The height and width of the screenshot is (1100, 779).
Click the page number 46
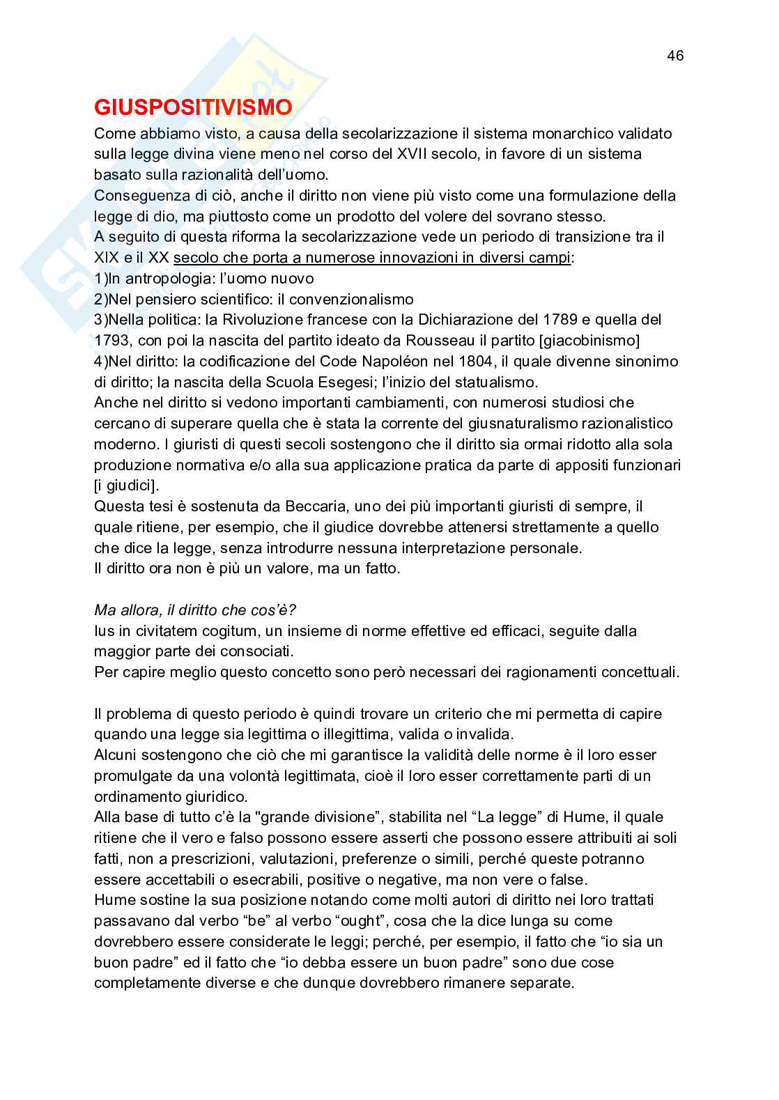coord(675,56)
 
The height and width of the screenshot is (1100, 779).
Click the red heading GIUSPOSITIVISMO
coord(192,108)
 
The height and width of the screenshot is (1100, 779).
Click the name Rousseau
coord(444,341)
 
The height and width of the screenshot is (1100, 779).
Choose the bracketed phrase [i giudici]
coord(126,486)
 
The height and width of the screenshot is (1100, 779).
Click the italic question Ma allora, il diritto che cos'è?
coord(195,610)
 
